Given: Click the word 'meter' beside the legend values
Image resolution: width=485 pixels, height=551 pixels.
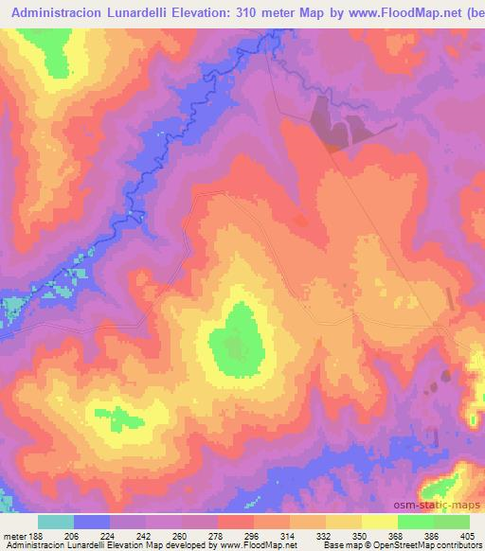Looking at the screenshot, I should coord(14,536).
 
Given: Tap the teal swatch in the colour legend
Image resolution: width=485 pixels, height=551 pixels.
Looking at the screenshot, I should coord(56,522).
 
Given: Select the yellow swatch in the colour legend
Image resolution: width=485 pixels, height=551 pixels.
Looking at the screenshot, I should coord(379,522).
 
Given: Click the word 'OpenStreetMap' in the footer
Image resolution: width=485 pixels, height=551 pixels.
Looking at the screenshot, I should coord(396,545).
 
